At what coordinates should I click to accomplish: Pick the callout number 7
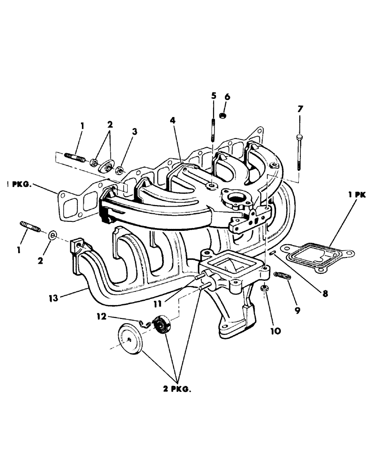299,109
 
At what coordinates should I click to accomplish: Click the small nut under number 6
222,115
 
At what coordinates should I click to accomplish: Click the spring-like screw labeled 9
282,275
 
